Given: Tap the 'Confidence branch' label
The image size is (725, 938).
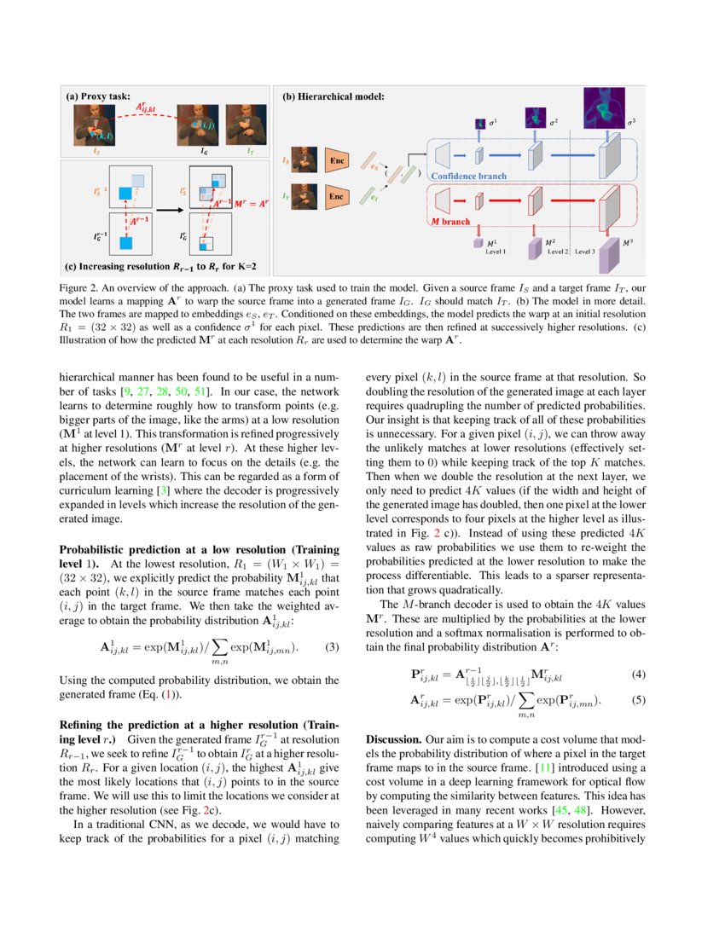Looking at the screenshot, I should pos(468,177).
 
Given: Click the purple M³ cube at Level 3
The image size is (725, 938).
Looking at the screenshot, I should pos(608,255).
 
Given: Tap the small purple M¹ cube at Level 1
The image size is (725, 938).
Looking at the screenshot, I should pos(478,245).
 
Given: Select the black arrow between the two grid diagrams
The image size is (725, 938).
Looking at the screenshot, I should pos(163,206).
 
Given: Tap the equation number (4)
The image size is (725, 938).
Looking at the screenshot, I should pos(639,675).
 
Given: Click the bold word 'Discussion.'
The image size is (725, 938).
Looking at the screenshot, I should pos(393,741).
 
